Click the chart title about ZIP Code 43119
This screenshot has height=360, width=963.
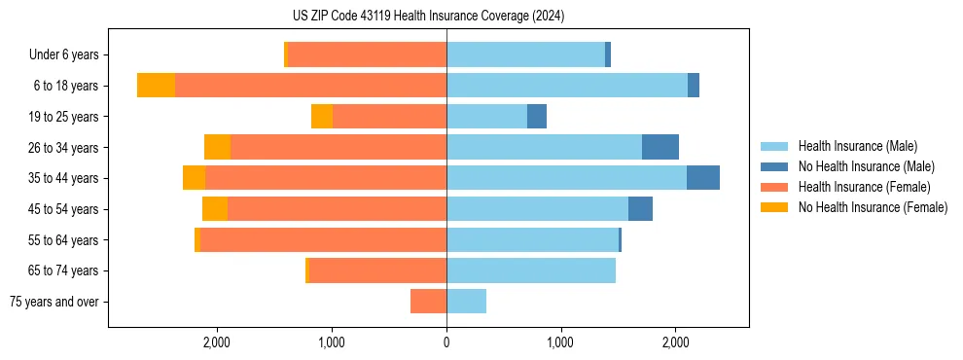click(x=428, y=17)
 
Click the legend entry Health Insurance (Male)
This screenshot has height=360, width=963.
click(x=857, y=146)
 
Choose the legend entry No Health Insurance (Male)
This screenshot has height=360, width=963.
click(x=866, y=166)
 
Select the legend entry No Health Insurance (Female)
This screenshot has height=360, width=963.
click(x=873, y=207)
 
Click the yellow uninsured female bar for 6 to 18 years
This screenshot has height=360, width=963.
click(x=156, y=86)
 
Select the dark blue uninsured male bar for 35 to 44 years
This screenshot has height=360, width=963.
click(x=703, y=178)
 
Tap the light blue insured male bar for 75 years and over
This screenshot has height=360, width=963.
click(x=466, y=302)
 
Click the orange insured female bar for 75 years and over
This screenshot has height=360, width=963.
click(x=428, y=302)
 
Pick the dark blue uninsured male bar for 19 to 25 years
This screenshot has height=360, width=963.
click(x=537, y=117)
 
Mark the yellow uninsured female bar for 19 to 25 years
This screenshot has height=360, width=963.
click(x=322, y=117)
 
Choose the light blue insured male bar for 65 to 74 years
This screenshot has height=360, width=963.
click(x=531, y=270)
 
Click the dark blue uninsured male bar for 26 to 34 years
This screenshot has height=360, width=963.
click(x=660, y=147)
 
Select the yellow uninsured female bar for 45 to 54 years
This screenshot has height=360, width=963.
click(x=215, y=209)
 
